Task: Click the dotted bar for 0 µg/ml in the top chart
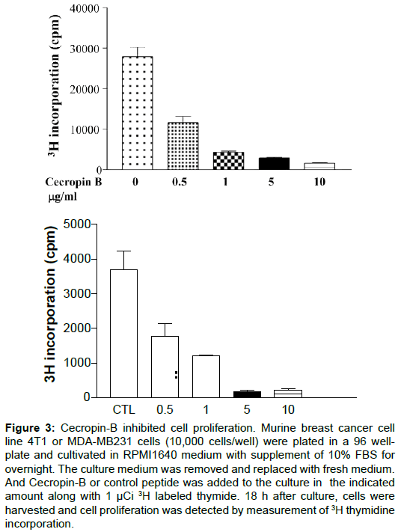point(137,113)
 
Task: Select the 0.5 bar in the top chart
point(183,146)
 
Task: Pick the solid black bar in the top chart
point(274,164)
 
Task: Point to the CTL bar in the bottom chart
point(124,334)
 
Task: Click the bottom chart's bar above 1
point(206,376)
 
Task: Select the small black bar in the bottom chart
point(247,394)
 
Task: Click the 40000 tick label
point(85,8)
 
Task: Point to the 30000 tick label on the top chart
point(85,49)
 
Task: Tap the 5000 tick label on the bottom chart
point(76,224)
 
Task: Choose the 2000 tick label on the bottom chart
point(76,328)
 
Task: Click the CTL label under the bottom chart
point(124,409)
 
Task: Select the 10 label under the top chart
point(319,182)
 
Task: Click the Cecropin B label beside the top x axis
point(73,182)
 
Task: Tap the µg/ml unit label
point(63,197)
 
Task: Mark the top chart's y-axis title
point(54,87)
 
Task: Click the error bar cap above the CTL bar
point(124,251)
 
